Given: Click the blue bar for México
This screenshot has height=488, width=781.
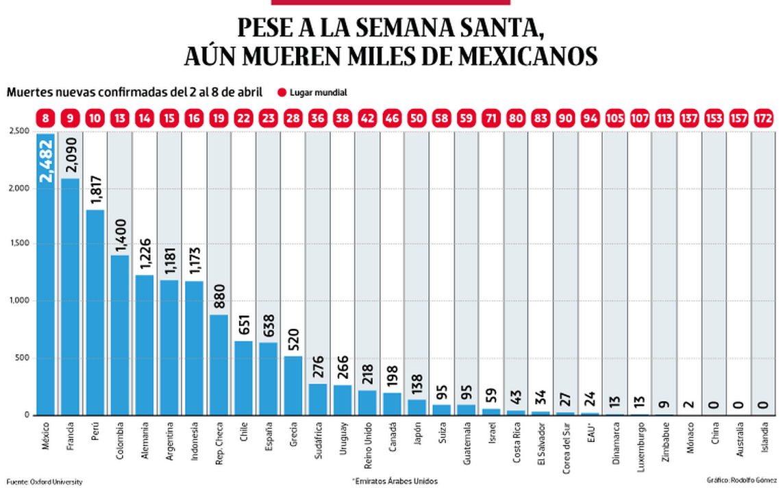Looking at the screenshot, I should [x=46, y=274].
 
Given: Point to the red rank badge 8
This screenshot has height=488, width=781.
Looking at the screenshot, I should [x=46, y=117].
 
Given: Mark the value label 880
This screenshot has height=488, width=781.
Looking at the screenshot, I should [x=219, y=295].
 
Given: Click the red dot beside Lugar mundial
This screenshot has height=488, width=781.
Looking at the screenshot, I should [x=281, y=93].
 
